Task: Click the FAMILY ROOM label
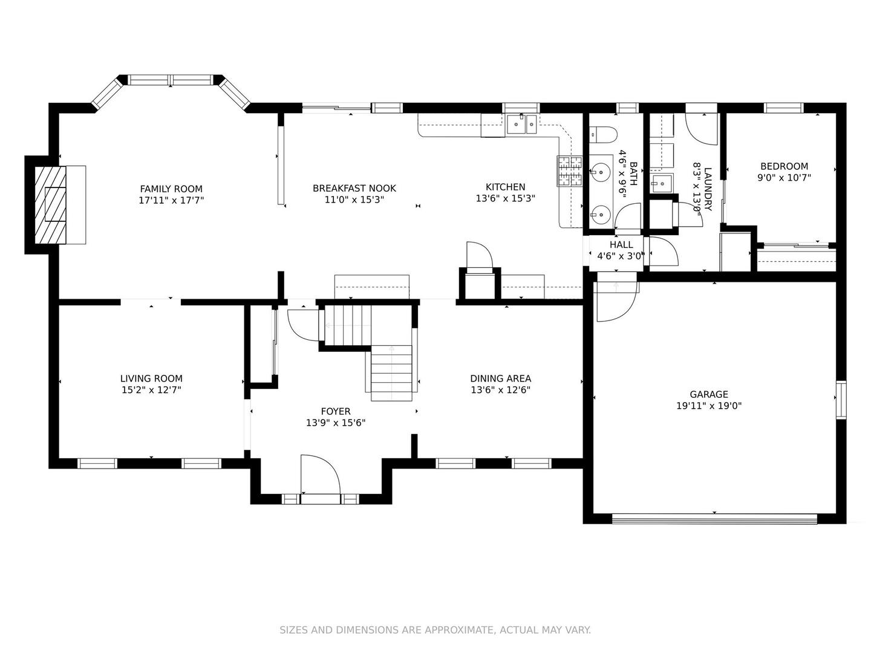[x=171, y=189]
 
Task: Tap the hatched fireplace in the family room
[x=50, y=204]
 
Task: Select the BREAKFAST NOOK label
[x=354, y=188]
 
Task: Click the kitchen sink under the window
[x=521, y=124]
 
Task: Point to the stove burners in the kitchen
[x=569, y=171]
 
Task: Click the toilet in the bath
[x=602, y=135]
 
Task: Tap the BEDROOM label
[x=784, y=166]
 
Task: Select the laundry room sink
[x=661, y=183]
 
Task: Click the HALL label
[x=621, y=245]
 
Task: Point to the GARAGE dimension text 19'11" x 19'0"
[x=709, y=406]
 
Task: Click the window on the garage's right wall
[x=841, y=400]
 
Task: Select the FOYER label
[x=336, y=411]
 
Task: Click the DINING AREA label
[x=500, y=378]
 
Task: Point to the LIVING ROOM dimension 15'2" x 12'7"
[x=151, y=390]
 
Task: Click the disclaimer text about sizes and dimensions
[x=435, y=630]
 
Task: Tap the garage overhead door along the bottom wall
[x=714, y=519]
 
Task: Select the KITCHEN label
[x=505, y=187]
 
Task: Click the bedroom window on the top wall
[x=784, y=108]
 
